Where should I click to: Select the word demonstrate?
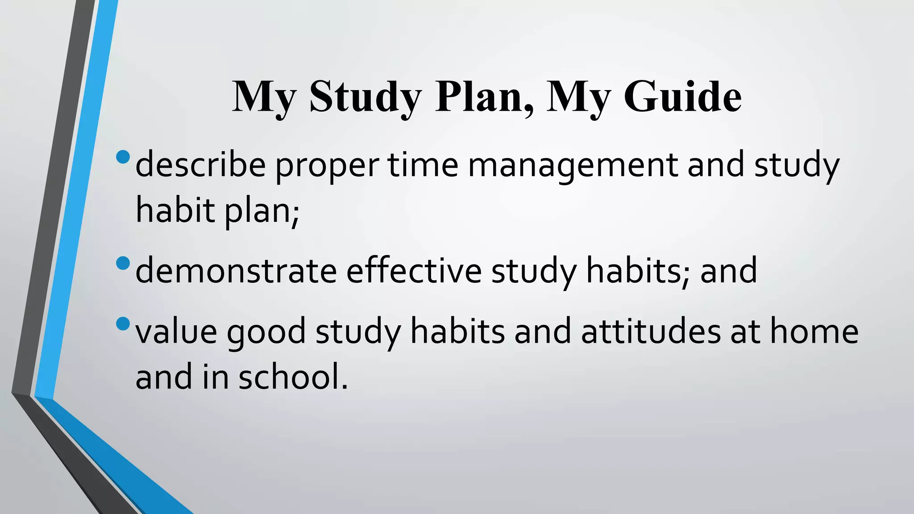[x=236, y=270]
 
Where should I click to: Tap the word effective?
[x=414, y=270]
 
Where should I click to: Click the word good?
[x=266, y=332]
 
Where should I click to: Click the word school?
[x=292, y=376]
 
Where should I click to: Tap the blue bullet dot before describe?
[x=122, y=157]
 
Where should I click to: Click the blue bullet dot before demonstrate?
[x=122, y=263]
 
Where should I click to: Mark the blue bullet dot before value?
[x=122, y=323]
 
